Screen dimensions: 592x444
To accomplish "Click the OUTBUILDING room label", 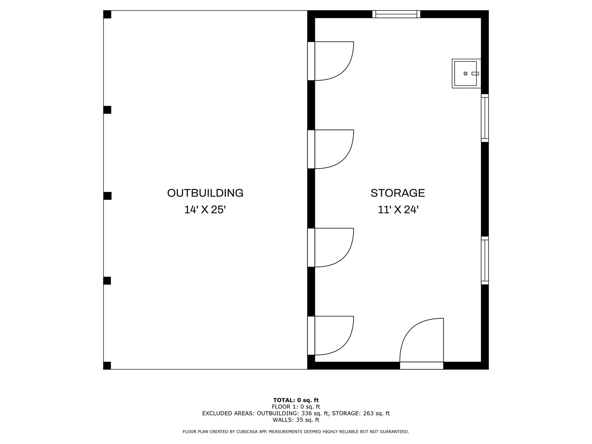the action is [x=205, y=193].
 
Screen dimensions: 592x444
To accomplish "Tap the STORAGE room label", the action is [x=398, y=193].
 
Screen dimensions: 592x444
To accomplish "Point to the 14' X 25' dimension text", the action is [x=205, y=210].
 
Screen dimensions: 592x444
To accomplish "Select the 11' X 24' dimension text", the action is [x=398, y=210].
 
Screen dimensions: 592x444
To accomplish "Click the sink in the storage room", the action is [x=466, y=74].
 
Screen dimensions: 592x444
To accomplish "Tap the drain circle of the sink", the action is [x=465, y=74].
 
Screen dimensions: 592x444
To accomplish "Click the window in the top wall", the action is [x=396, y=14].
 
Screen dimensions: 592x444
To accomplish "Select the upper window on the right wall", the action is [x=485, y=118].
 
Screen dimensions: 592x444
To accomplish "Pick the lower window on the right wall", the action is [x=485, y=260].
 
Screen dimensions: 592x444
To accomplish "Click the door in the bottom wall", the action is [x=421, y=343].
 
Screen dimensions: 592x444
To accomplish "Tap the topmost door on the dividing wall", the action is [x=331, y=61].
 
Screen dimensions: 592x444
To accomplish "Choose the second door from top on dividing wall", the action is [x=331, y=149].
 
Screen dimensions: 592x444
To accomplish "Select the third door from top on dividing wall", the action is [x=331, y=247].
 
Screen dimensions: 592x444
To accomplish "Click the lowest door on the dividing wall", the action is [x=331, y=335].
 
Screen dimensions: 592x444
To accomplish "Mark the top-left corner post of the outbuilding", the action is [x=107, y=14].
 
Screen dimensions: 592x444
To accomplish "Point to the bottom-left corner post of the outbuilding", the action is [x=107, y=365].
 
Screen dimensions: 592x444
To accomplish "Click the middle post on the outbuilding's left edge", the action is [x=108, y=196].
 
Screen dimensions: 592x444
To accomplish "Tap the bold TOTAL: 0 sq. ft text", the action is [x=296, y=400].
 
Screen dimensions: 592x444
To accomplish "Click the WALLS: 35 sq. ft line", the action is [x=296, y=420].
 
